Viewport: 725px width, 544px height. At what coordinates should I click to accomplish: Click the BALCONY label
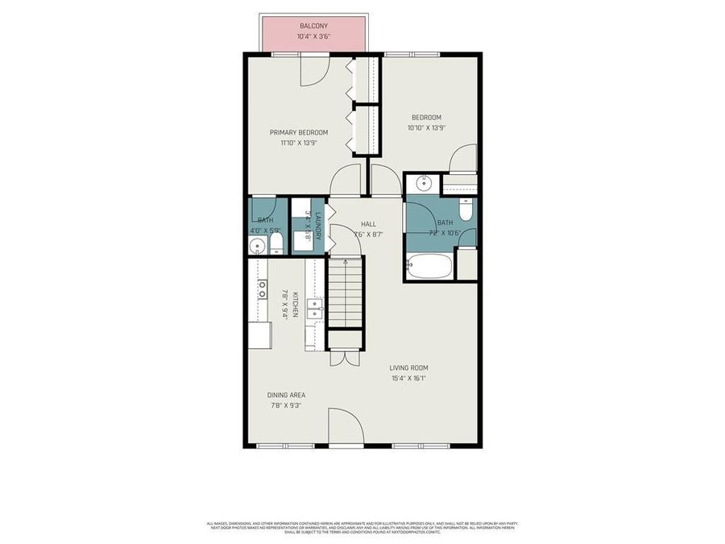(x=313, y=26)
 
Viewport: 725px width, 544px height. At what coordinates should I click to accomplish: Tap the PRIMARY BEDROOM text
(x=299, y=132)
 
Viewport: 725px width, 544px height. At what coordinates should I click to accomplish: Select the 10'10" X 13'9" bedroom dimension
(x=426, y=127)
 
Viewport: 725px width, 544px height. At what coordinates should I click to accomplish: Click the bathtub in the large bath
(x=429, y=266)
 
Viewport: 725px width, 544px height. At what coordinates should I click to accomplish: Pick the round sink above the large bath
(x=425, y=183)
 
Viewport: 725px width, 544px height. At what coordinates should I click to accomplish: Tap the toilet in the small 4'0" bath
(x=275, y=242)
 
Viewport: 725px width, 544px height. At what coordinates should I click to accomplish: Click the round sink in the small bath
(x=257, y=244)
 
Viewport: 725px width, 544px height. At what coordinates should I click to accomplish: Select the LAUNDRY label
(x=318, y=225)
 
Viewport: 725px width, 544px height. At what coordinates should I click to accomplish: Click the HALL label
(x=368, y=224)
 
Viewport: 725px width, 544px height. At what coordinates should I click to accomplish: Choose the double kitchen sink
(x=315, y=309)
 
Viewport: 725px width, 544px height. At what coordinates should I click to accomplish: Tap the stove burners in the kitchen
(x=263, y=290)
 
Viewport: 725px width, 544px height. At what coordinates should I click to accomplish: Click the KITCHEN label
(x=296, y=305)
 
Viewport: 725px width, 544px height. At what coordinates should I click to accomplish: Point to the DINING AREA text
(x=286, y=395)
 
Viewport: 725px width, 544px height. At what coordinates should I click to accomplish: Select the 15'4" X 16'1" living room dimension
(x=408, y=378)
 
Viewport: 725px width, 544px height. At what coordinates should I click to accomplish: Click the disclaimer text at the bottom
(x=362, y=527)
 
